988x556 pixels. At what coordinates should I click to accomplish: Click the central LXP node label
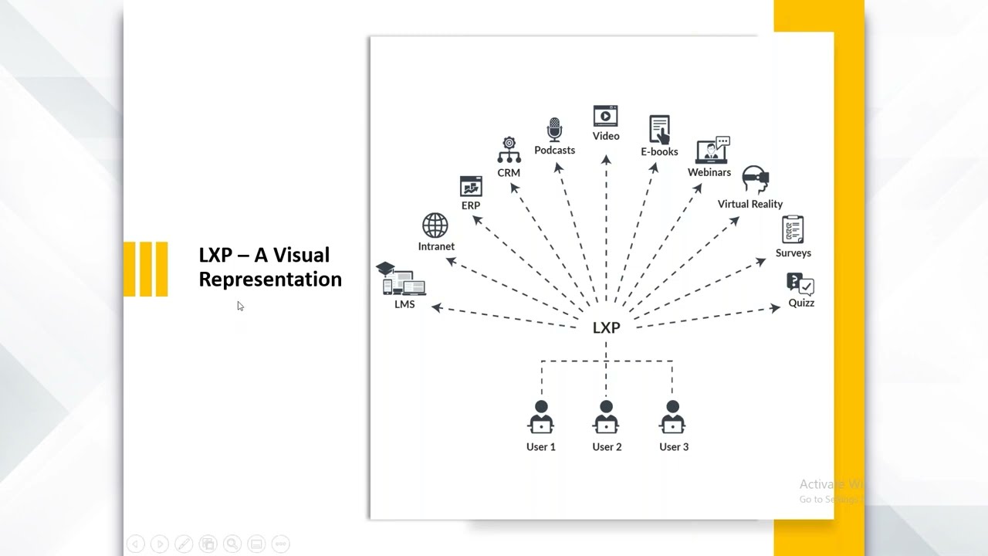(606, 328)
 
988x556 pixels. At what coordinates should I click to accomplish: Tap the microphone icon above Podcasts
(554, 130)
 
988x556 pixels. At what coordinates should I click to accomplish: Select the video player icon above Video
(606, 116)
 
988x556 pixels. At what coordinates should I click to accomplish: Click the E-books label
(659, 152)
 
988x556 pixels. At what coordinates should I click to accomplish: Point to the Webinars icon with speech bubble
(712, 150)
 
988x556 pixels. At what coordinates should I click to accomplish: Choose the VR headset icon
(755, 179)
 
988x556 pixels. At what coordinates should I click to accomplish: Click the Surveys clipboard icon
(793, 229)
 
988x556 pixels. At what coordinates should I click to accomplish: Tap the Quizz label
(801, 303)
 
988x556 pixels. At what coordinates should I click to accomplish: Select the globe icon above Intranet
(435, 226)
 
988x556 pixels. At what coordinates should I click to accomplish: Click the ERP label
(471, 205)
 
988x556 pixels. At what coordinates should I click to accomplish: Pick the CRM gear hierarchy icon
(509, 151)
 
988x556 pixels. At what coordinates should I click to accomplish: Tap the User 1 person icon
(541, 419)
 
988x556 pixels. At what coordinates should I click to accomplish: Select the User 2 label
(607, 447)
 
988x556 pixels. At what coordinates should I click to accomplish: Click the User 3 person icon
(673, 419)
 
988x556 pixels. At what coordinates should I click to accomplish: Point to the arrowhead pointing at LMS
(437, 308)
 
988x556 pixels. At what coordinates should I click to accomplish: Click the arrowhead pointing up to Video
(606, 160)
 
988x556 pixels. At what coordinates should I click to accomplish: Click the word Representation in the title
(270, 280)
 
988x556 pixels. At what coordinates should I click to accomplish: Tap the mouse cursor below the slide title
(240, 307)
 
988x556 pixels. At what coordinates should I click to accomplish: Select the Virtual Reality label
(749, 204)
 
